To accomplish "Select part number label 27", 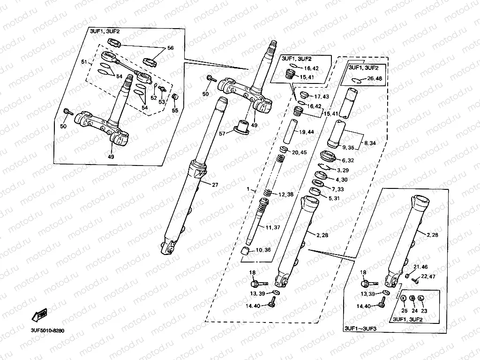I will coord(215,185).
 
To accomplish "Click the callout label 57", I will coord(223,134).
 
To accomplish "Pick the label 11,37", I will coord(273,227).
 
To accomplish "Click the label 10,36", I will coord(263,250).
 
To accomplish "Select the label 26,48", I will coord(375,78).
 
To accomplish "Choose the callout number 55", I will coord(175,111).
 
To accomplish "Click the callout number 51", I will coord(84,62).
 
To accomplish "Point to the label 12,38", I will coord(287,195).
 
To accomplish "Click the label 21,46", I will coord(420,267).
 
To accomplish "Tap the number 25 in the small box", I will coord(402,310).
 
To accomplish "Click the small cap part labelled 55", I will coord(175,97).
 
